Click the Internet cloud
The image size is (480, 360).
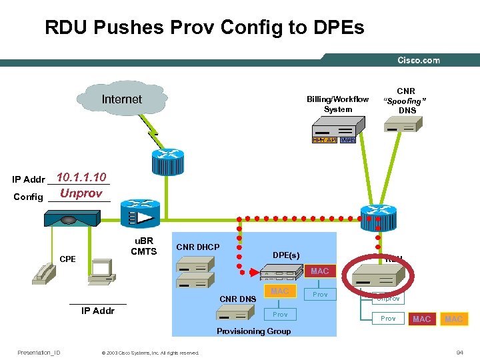tap(122, 100)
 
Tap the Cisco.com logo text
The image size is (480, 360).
tap(418, 60)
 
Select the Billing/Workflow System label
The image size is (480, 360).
tap(337, 104)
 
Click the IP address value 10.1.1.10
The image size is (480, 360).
tap(81, 177)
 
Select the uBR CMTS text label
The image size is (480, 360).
tap(143, 246)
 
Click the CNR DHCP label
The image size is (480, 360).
tap(197, 247)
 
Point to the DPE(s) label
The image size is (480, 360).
tap(286, 255)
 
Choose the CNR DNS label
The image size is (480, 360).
tap(239, 299)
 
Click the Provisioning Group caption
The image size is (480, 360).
tap(254, 331)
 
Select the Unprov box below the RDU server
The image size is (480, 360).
tap(388, 299)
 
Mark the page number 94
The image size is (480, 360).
tap(459, 352)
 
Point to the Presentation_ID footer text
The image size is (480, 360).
tap(39, 353)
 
